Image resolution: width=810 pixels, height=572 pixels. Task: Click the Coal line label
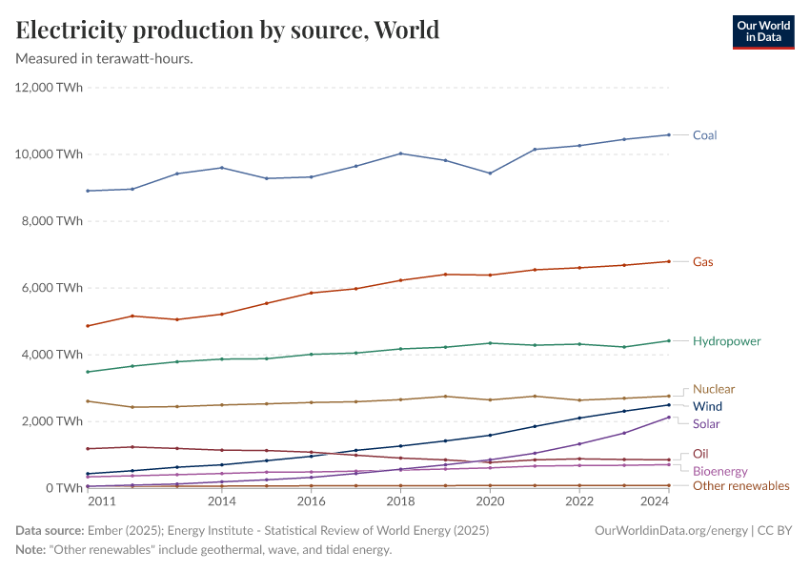pyautogui.click(x=704, y=135)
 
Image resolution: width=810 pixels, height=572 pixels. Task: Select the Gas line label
pyautogui.click(x=702, y=261)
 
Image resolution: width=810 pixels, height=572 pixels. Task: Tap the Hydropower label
pyautogui.click(x=726, y=340)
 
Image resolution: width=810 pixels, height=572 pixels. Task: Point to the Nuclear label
pyautogui.click(x=713, y=389)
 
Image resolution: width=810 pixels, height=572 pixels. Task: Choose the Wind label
pyautogui.click(x=707, y=406)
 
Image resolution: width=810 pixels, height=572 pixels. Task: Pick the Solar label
pyautogui.click(x=706, y=423)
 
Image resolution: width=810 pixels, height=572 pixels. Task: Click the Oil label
pyautogui.click(x=699, y=454)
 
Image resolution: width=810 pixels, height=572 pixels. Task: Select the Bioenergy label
pyautogui.click(x=719, y=471)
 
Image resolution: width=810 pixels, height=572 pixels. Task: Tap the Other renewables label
pyautogui.click(x=740, y=486)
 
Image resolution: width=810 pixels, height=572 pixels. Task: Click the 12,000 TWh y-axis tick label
pyautogui.click(x=49, y=88)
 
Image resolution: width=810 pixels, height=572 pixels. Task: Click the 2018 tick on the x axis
pyautogui.click(x=401, y=500)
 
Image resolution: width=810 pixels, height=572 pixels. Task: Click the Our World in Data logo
pyautogui.click(x=762, y=31)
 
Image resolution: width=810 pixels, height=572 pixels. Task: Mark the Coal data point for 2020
pyautogui.click(x=490, y=174)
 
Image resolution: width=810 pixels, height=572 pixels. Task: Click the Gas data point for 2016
pyautogui.click(x=311, y=293)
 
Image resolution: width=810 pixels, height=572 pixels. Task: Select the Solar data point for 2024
pyautogui.click(x=668, y=417)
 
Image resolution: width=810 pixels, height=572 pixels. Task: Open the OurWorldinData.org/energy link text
pyautogui.click(x=670, y=530)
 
